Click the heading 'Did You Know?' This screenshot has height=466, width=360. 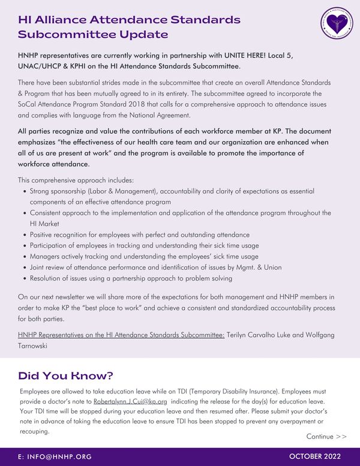click(65, 376)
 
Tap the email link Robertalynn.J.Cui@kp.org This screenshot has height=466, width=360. click(130, 401)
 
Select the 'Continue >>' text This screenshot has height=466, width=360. click(326, 436)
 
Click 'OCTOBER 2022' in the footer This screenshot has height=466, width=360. click(315, 456)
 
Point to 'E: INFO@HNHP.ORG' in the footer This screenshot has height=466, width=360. click(55, 457)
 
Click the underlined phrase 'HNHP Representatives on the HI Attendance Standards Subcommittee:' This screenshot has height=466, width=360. click(121, 335)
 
